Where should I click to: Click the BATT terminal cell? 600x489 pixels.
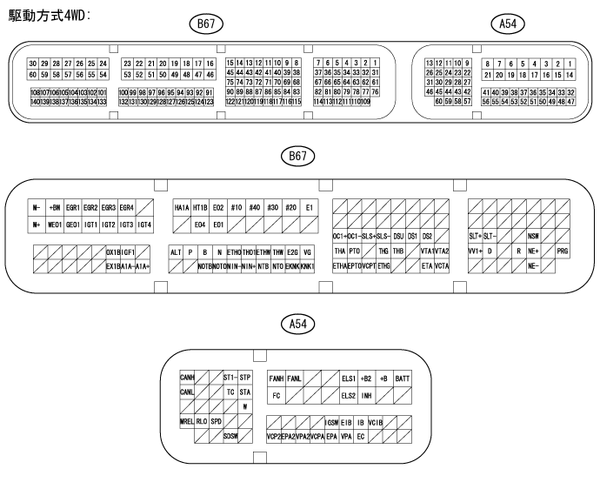pos(403,378)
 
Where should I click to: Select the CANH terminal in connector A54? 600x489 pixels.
pos(187,378)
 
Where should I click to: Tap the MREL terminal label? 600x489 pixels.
pos(187,421)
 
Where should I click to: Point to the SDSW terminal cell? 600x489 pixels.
pos(230,435)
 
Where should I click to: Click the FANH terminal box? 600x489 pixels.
pos(277,378)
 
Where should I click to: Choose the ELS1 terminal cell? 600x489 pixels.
pos(349,378)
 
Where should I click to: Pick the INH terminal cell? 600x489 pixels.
pos(367,395)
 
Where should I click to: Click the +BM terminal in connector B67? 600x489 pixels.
pos(55,208)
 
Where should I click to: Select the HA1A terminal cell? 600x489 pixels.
pos(182,208)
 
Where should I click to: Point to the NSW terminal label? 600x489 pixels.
pos(533,236)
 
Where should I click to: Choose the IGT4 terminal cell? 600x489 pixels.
pos(145,224)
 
